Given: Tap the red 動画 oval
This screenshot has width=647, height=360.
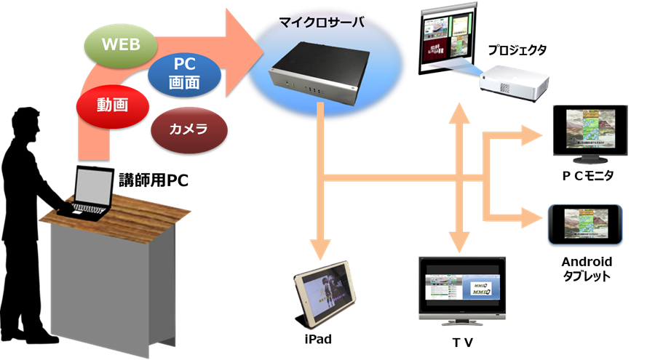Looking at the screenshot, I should (112, 105).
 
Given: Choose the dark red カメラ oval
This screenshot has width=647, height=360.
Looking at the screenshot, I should (188, 130).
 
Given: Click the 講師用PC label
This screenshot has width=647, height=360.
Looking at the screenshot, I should (154, 180).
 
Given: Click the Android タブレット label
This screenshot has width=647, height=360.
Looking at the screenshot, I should (587, 268).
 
